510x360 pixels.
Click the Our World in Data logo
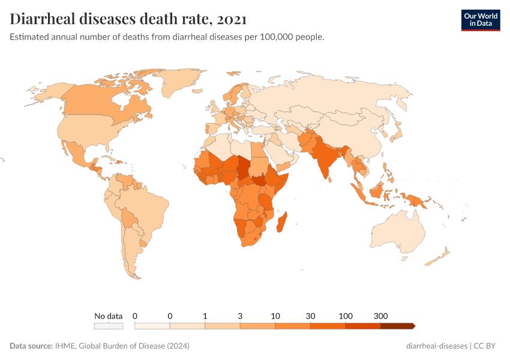click(480, 20)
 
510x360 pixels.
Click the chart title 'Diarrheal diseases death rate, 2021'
click(128, 19)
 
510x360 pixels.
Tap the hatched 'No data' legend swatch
click(109, 326)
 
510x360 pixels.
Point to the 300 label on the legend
click(380, 316)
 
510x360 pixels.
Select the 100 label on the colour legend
click(346, 316)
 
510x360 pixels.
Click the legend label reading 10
click(275, 316)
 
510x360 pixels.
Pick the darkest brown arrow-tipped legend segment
click(397, 326)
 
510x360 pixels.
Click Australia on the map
click(397, 231)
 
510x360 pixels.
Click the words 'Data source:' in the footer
click(31, 346)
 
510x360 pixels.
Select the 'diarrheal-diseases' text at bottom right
click(436, 346)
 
